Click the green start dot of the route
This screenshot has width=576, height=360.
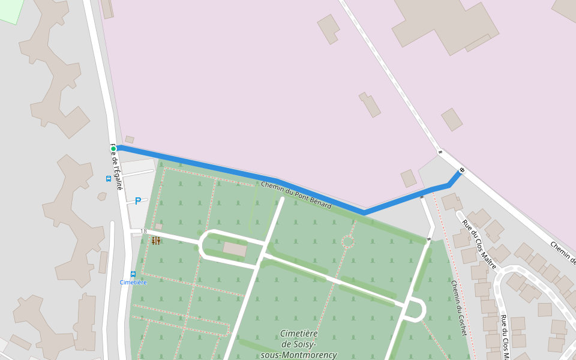[113, 148]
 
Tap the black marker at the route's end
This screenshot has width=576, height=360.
[461, 170]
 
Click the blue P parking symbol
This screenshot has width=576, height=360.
[137, 201]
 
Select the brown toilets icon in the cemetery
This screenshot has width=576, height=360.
[156, 241]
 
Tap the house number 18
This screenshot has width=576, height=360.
[143, 231]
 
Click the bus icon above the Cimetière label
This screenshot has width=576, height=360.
[133, 274]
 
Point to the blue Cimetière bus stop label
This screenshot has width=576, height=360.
[133, 282]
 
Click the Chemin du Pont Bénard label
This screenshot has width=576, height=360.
[296, 196]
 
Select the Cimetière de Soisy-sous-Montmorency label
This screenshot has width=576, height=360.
[299, 344]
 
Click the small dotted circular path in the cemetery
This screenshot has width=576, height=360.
[348, 241]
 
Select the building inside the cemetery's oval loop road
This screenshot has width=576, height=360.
[235, 248]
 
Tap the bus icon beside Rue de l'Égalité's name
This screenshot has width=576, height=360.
[108, 178]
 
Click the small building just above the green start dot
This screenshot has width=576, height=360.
[130, 139]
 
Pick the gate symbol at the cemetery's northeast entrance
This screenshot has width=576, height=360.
[428, 239]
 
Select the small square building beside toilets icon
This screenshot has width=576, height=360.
[158, 226]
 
